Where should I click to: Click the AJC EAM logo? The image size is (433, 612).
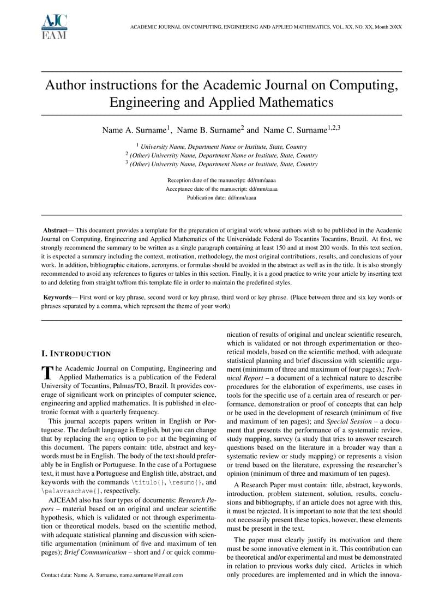pyautogui.click(x=54, y=27)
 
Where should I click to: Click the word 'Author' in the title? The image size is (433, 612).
pyautogui.click(x=68, y=86)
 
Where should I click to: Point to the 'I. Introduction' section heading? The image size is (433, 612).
pyautogui.click(x=76, y=354)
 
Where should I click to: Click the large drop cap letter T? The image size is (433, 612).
pyautogui.click(x=47, y=372)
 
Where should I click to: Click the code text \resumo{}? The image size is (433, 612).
pyautogui.click(x=184, y=482)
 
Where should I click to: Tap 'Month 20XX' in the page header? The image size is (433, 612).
pyautogui.click(x=387, y=27)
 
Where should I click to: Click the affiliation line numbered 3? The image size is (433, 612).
pyautogui.click(x=221, y=163)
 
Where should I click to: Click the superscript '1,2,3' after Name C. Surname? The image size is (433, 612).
pyautogui.click(x=334, y=128)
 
